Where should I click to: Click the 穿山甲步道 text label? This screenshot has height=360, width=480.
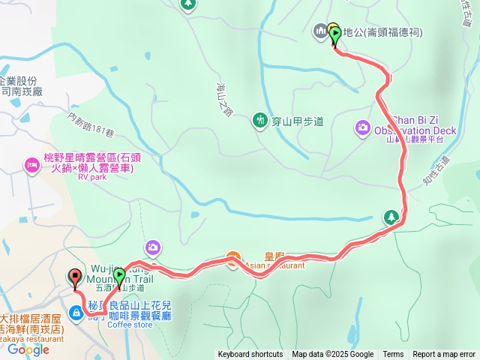tap(298, 120)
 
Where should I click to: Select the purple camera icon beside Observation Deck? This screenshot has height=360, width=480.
tap(363, 128)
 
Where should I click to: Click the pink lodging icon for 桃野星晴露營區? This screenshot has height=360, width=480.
tap(32, 164)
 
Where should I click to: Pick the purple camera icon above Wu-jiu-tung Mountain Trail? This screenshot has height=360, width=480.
tap(153, 247)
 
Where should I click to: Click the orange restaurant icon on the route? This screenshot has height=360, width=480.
tap(233, 260)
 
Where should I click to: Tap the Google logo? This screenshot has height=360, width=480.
tap(28, 349)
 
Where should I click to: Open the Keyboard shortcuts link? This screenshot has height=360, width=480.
tap(250, 355)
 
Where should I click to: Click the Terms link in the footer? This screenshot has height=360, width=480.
tap(393, 355)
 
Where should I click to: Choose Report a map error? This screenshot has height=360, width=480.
tap(444, 355)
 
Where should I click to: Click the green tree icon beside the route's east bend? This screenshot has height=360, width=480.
tap(391, 218)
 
